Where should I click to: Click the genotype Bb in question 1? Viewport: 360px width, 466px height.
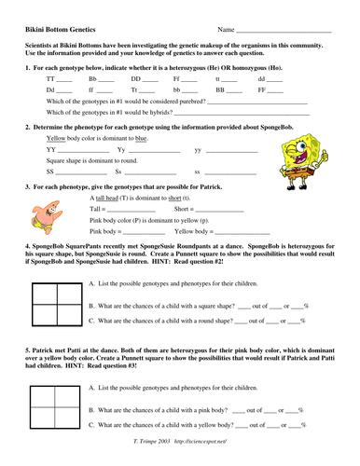92,80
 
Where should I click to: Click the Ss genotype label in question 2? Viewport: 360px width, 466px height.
118,172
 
